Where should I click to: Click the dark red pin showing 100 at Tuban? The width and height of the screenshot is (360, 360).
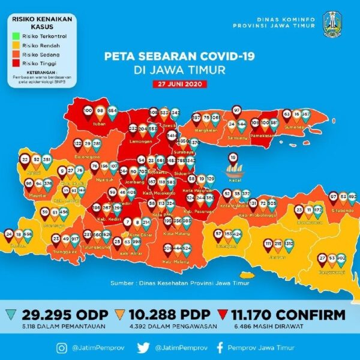[88, 112]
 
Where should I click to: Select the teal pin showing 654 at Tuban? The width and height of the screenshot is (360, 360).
[112, 112]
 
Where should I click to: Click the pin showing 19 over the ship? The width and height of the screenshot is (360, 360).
[233, 158]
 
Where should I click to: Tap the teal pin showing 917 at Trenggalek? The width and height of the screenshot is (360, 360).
[75, 239]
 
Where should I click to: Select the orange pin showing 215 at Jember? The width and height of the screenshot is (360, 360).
[278, 246]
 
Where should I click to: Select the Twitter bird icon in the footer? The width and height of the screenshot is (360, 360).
[142, 346]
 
